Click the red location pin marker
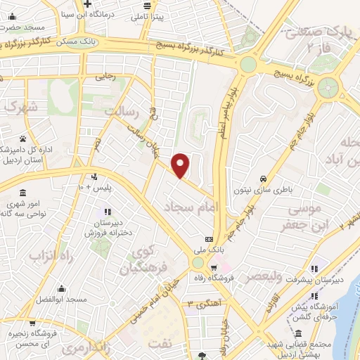181,165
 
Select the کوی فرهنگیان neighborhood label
141,259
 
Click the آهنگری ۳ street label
199,304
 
